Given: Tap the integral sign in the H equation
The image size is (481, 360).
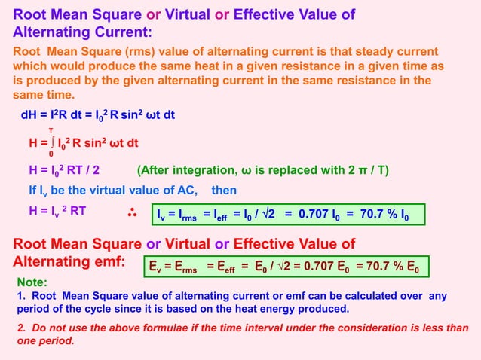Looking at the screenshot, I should (51, 142).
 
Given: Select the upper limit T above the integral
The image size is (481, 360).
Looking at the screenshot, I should (51, 130).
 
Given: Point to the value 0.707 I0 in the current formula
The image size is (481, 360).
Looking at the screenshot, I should (323, 215).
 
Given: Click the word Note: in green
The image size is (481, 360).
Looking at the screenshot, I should (32, 282).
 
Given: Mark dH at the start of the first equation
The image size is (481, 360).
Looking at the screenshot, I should (29, 114).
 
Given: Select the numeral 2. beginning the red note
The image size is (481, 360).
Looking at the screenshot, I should (21, 328).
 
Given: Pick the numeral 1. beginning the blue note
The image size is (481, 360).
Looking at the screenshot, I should (20, 296).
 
